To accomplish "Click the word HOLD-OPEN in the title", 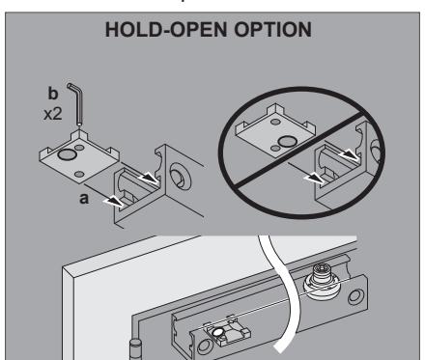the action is click(166, 30).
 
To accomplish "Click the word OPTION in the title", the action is click(272, 30).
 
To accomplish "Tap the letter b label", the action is click(53, 93).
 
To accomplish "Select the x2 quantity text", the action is click(53, 114).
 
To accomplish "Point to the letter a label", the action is click(84, 199).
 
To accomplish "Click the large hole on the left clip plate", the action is click(68, 154).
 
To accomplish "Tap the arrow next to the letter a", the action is click(113, 202).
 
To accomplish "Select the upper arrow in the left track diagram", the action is click(149, 178).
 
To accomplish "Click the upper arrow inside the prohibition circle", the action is click(350, 155).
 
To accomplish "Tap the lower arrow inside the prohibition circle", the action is click(315, 178).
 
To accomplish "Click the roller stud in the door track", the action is click(320, 280).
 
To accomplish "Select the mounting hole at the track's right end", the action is click(355, 296).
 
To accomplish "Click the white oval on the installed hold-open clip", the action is click(218, 331).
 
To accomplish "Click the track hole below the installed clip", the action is click(204, 346).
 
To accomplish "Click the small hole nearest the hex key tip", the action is click(79, 148).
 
